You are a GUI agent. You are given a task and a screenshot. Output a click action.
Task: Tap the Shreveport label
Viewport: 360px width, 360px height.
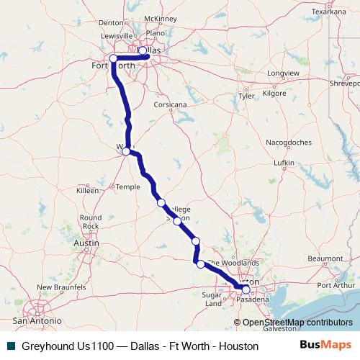[x=343, y=83]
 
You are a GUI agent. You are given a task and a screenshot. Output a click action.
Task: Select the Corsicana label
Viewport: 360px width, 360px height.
[x=170, y=104]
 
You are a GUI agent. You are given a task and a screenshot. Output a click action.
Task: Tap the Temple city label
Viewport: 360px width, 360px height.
[x=128, y=186]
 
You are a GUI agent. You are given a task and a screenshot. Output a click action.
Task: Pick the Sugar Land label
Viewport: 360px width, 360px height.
[x=214, y=299]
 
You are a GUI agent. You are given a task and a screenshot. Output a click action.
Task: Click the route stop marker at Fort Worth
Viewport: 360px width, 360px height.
[x=113, y=58]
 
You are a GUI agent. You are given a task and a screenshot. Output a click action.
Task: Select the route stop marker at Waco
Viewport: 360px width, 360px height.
[x=126, y=151]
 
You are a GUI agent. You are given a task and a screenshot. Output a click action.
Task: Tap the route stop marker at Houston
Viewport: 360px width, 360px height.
[x=246, y=289]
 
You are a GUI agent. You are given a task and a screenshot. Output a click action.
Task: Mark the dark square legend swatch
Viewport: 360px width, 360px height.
[x=10, y=346]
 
